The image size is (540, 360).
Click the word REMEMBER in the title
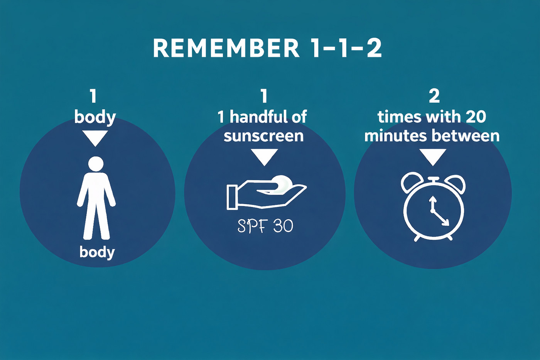tap(226, 48)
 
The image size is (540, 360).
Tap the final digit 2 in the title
tap(375, 48)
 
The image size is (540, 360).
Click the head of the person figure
tap(96, 164)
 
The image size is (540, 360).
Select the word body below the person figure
tap(97, 252)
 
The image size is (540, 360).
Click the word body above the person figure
tap(95, 117)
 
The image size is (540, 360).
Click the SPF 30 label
tap(265, 226)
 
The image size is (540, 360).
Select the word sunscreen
tap(264, 136)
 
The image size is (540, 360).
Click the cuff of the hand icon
tap(231, 197)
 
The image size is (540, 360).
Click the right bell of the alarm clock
tap(455, 183)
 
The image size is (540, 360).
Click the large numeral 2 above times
tap(434, 96)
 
